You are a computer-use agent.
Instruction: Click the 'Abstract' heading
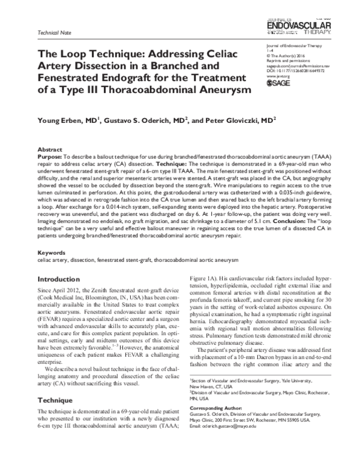coord(50,147)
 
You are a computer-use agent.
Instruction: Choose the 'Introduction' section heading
coord(61,279)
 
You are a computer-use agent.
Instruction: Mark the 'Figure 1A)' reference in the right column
coord(205,279)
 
